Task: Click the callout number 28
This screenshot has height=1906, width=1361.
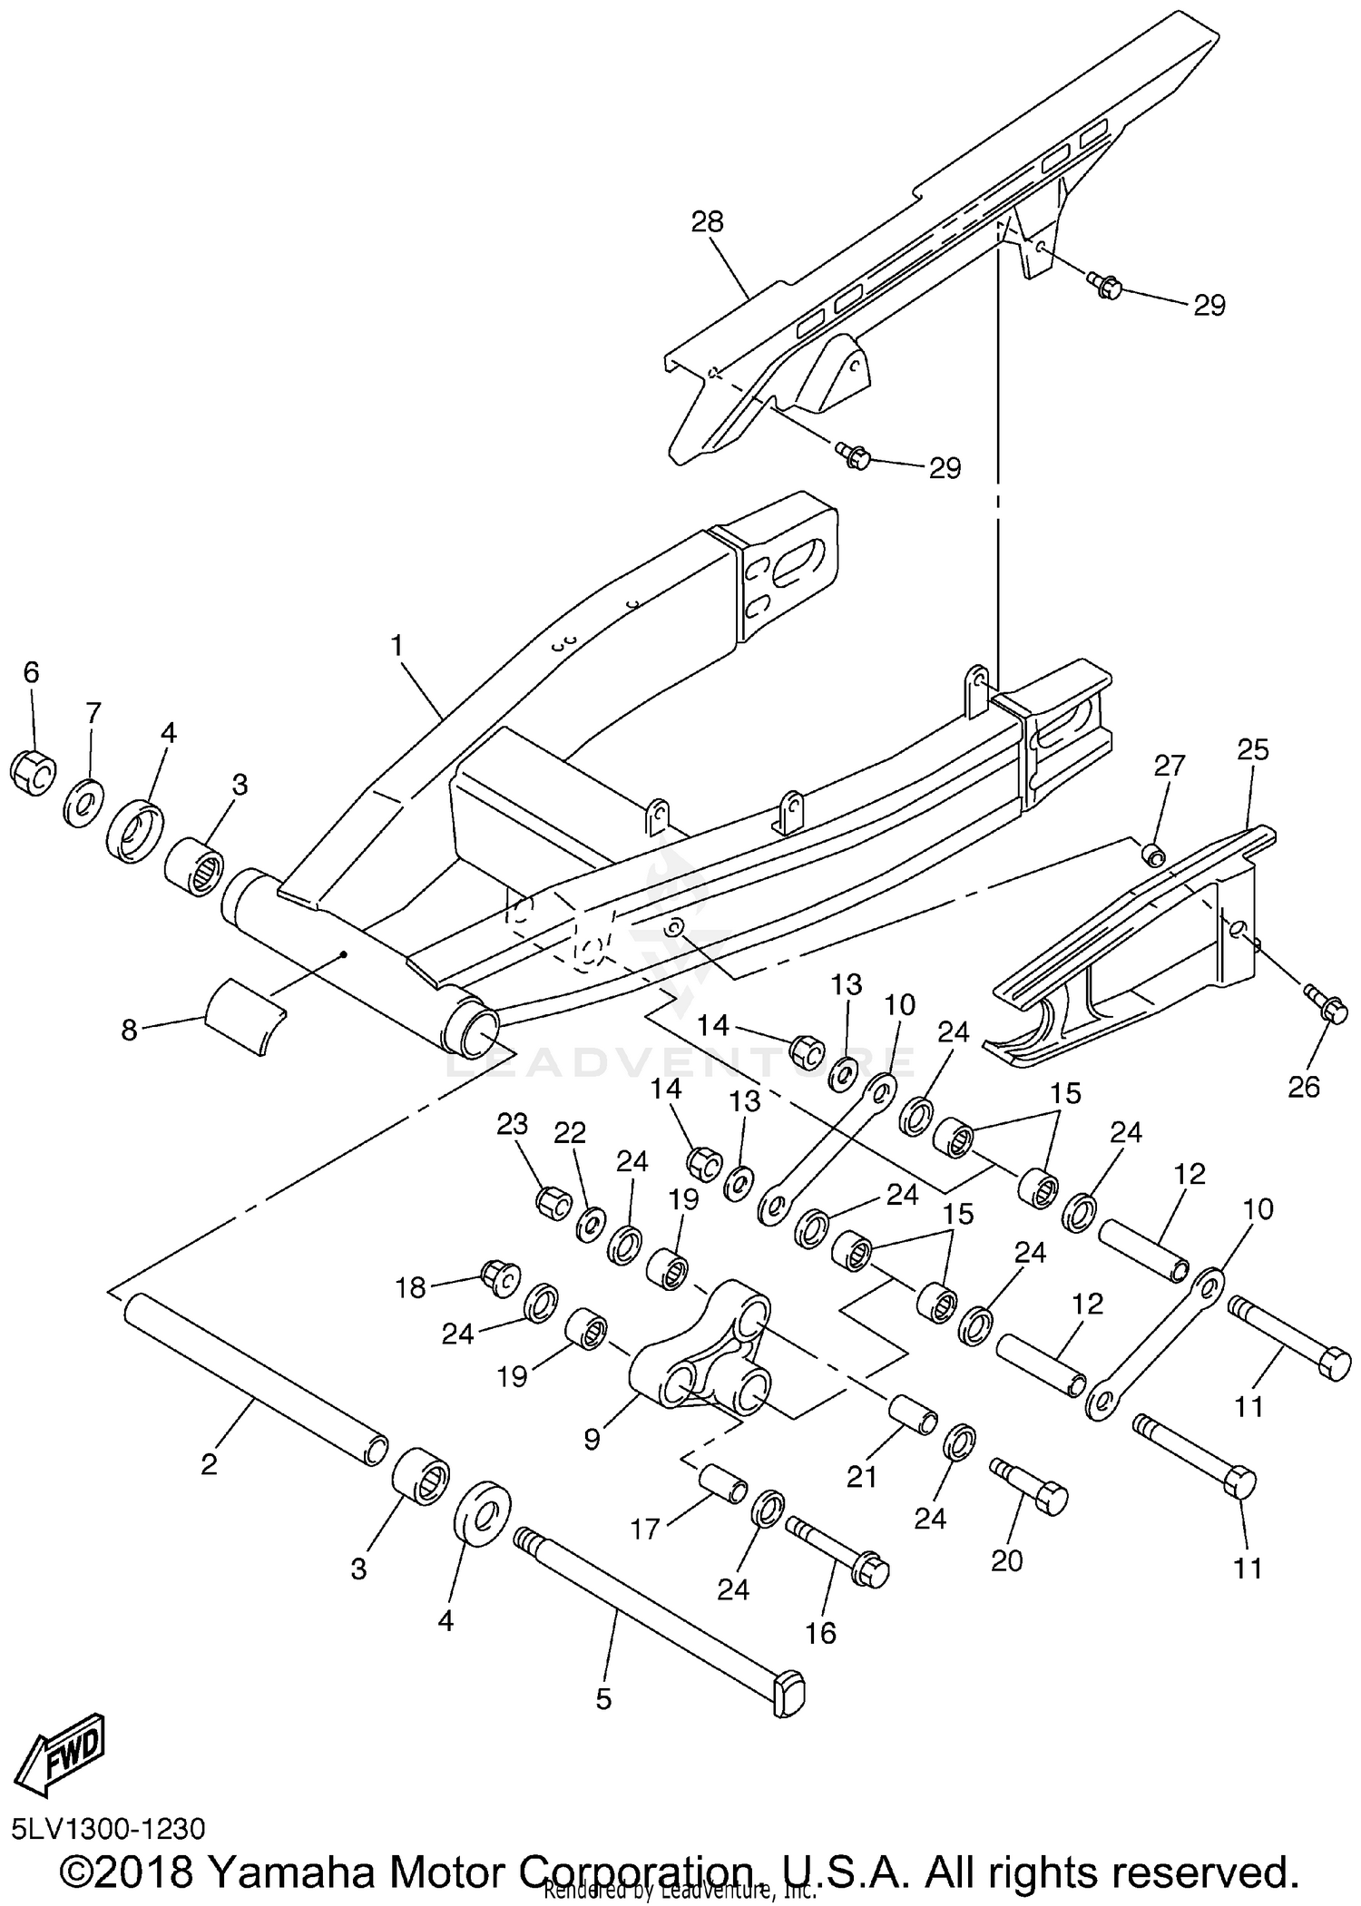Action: coord(708,222)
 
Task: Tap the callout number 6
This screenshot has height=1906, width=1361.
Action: coord(31,672)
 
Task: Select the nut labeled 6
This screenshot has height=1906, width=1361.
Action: coord(34,772)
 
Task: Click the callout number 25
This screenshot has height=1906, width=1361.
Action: coord(1253,750)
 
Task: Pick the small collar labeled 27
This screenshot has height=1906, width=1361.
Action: coord(1153,855)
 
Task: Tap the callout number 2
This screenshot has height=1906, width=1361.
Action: coord(210,1463)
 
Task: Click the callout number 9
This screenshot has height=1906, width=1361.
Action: coord(592,1439)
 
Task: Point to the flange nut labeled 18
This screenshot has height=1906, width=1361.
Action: coord(498,1278)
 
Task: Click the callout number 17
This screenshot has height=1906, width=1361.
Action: coord(645,1530)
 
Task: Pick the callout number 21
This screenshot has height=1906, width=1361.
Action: coord(861,1478)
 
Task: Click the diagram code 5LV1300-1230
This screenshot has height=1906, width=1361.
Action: coord(109,1826)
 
